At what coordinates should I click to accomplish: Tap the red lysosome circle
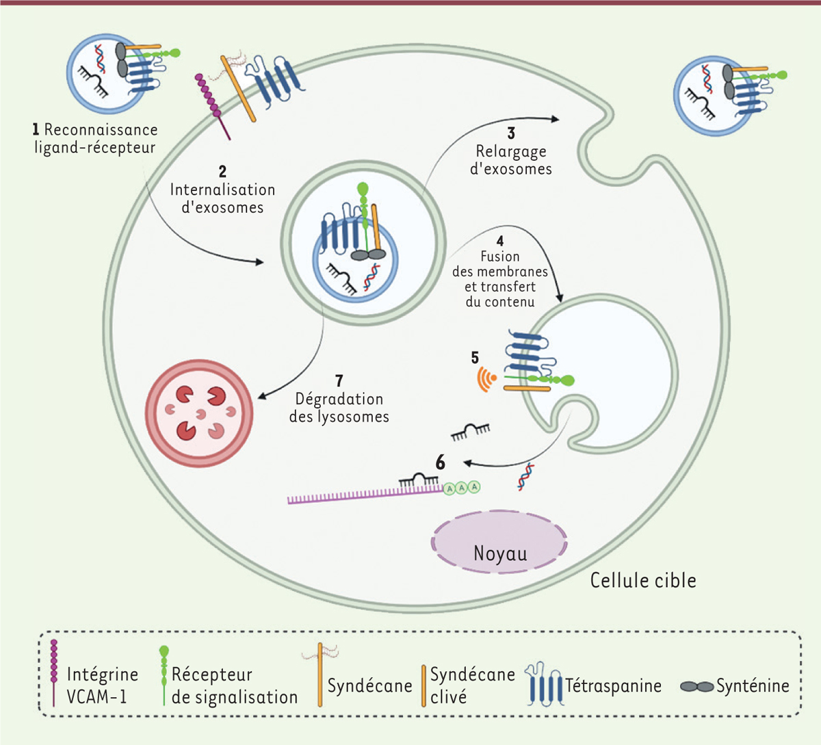(200, 413)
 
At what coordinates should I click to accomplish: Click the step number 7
(339, 381)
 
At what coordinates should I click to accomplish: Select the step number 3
(511, 133)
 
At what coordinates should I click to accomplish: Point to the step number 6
(441, 463)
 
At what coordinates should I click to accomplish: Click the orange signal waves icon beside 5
(486, 379)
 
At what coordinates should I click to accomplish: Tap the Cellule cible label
(643, 581)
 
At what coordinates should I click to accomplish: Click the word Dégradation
(339, 399)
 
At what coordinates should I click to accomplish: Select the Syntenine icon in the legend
(696, 686)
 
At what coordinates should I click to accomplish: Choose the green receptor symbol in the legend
(164, 674)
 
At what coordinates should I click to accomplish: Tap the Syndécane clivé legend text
(472, 685)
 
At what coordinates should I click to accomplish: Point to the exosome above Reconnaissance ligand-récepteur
(108, 72)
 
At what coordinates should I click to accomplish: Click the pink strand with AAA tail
(363, 495)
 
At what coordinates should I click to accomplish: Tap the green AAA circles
(462, 488)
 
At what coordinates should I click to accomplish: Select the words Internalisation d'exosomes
(222, 198)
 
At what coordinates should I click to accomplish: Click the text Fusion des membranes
(499, 264)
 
